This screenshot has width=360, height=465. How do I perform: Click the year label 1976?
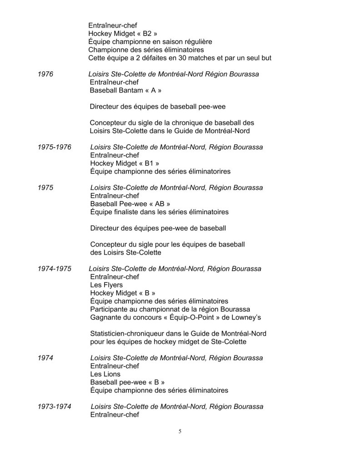(x=45, y=74)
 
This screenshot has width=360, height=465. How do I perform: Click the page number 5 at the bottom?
(x=180, y=431)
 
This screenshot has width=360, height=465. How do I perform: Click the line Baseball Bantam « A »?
(x=126, y=90)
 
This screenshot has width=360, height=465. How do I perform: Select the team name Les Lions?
(x=105, y=374)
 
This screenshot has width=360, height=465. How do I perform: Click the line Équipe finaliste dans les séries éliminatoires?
(x=159, y=212)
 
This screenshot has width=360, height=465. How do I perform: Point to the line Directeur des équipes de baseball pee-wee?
(x=157, y=107)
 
